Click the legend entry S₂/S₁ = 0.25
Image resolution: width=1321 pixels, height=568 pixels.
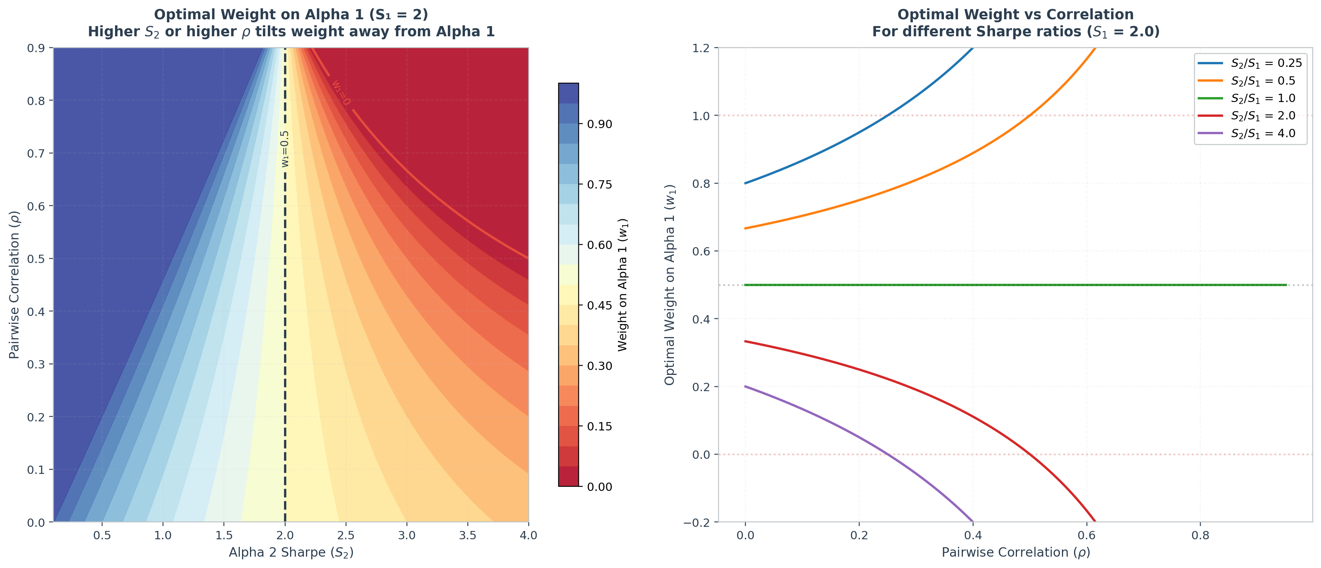[1250, 63]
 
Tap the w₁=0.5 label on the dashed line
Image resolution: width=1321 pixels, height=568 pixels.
[285, 149]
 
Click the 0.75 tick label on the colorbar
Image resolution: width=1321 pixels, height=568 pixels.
[599, 184]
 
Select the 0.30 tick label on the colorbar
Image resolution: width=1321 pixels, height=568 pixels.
[599, 366]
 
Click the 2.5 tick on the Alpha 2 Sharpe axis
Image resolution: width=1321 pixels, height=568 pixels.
[346, 535]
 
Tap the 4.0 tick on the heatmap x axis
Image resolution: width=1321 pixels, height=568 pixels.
[528, 535]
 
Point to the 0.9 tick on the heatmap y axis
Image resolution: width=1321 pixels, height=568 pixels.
[36, 48]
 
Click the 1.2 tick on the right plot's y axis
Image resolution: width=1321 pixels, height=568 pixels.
[701, 48]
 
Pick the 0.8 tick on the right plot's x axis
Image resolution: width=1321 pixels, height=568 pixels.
[1200, 535]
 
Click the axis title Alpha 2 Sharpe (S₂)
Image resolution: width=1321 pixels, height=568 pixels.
[291, 553]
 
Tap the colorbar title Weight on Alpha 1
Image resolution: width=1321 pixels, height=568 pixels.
[622, 285]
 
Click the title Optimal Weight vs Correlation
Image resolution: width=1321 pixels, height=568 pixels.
[1016, 14]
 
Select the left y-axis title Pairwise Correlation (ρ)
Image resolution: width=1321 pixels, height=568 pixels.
[14, 285]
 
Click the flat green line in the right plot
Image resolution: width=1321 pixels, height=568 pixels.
[1016, 285]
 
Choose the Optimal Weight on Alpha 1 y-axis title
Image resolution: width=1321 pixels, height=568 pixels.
[670, 285]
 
